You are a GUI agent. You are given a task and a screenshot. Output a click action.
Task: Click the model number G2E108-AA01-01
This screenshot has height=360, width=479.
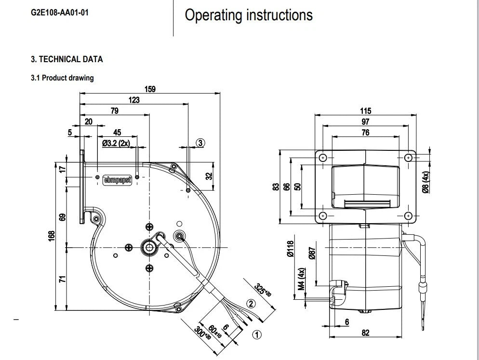pyautogui.click(x=60, y=13)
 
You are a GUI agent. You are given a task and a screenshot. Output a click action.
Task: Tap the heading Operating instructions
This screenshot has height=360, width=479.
pyautogui.click(x=249, y=15)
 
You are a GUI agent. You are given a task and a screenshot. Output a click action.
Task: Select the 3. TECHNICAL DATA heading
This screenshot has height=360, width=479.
pyautogui.click(x=67, y=59)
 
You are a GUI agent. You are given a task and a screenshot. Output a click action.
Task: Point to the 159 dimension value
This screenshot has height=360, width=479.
pyautogui.click(x=150, y=89)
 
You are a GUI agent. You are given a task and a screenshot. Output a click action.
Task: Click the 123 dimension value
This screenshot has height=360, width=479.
pyautogui.click(x=134, y=100)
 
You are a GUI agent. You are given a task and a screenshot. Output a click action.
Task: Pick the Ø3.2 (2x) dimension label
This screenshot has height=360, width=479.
pyautogui.click(x=116, y=143)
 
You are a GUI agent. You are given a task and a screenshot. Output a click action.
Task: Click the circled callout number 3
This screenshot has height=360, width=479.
pyautogui.click(x=200, y=143)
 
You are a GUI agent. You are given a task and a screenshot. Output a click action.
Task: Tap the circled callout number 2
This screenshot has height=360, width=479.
pyautogui.click(x=251, y=304)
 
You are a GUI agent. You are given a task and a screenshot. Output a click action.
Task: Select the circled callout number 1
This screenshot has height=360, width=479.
pyautogui.click(x=257, y=334)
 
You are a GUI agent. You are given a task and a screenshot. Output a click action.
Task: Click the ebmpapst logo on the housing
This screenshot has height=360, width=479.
pyautogui.click(x=118, y=180)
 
